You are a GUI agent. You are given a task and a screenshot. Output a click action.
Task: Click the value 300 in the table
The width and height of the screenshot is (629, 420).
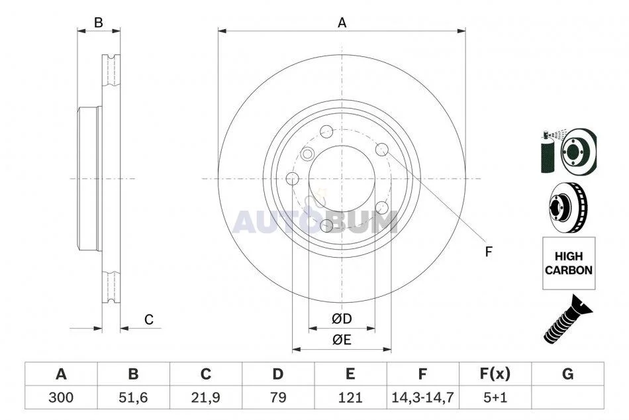click(61, 397)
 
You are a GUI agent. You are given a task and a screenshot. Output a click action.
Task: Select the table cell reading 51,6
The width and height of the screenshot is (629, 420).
click(133, 397)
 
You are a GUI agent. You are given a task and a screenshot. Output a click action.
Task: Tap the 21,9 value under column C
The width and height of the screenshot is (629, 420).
click(205, 397)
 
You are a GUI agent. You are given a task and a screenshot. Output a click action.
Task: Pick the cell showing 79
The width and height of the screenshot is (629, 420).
click(277, 397)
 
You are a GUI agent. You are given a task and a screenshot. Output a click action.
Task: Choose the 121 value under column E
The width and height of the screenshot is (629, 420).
click(350, 397)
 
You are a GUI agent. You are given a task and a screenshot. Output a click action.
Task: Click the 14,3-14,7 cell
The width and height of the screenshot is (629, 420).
click(422, 397)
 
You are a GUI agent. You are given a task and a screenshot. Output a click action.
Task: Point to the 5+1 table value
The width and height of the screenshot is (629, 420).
click(495, 397)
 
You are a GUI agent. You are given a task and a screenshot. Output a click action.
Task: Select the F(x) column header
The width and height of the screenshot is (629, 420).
click(495, 374)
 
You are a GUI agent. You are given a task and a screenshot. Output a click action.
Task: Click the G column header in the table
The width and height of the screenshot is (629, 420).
click(567, 374)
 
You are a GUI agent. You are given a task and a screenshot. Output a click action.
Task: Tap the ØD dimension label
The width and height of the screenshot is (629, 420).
click(342, 319)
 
